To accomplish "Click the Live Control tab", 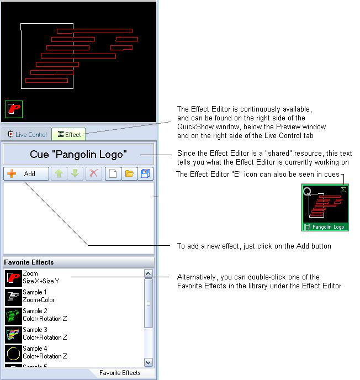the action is tap(27, 134).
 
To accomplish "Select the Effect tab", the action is tap(68, 134).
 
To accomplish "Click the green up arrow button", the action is tap(59, 173).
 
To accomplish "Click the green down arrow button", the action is tap(75, 173).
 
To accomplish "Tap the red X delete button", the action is tap(93, 173).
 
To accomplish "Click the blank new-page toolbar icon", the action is tap(113, 173).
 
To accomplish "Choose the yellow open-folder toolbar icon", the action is tap(129, 173).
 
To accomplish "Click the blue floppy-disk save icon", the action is tap(145, 173).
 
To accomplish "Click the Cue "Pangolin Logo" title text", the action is tap(78, 155).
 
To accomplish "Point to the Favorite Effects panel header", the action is tap(78, 262).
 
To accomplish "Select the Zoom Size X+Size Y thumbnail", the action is tap(13, 278).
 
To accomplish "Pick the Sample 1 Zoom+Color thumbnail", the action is tap(13, 297).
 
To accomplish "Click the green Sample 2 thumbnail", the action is tap(13, 316).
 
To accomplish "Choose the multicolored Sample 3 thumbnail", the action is tap(13, 335).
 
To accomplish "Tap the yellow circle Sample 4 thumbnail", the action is tap(13, 353).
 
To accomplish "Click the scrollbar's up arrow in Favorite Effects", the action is tap(149, 273).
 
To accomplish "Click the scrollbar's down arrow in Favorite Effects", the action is tap(149, 362).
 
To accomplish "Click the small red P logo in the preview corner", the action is tap(14, 109).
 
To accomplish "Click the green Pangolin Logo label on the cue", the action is tap(325, 227).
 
